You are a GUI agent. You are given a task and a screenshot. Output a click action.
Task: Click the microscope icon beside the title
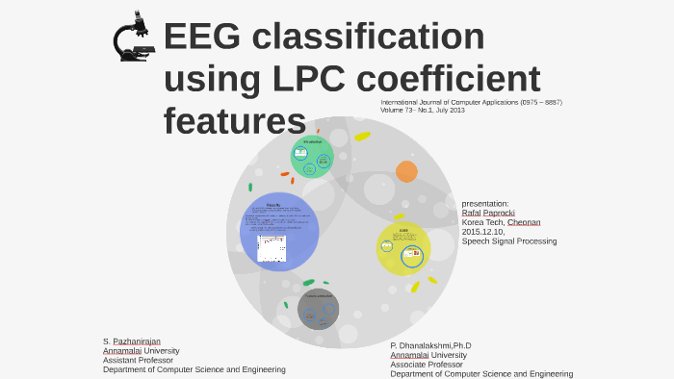134,38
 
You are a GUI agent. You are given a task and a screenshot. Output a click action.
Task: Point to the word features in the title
234,122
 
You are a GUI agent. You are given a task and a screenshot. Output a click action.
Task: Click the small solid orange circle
406,171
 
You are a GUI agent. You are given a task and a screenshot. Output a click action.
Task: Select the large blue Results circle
279,231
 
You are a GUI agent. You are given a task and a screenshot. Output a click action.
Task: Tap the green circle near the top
313,157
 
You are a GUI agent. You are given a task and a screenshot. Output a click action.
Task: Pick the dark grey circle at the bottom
318,309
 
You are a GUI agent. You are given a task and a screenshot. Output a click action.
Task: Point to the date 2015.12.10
484,232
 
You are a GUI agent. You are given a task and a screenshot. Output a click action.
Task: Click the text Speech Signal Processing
509,241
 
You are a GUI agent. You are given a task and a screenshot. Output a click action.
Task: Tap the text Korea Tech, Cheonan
501,222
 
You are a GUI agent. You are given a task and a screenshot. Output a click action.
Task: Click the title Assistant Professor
138,361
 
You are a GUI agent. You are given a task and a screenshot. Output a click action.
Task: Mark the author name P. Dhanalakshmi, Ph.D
430,345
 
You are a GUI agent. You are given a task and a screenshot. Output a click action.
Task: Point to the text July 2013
448,111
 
